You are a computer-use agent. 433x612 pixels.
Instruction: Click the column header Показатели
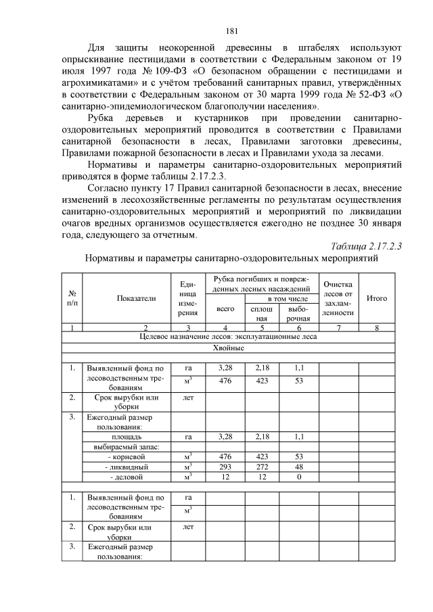pyautogui.click(x=136, y=298)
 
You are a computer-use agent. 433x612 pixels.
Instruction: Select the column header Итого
pyautogui.click(x=376, y=298)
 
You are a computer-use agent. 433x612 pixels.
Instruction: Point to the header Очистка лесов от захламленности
pyautogui.click(x=338, y=298)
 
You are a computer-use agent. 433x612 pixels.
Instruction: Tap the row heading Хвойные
pyautogui.click(x=228, y=348)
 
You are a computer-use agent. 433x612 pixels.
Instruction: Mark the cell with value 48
pyautogui.click(x=298, y=467)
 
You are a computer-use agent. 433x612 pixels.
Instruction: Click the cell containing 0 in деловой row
pyautogui.click(x=298, y=477)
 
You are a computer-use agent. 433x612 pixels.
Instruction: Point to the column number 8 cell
pyautogui.click(x=376, y=327)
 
